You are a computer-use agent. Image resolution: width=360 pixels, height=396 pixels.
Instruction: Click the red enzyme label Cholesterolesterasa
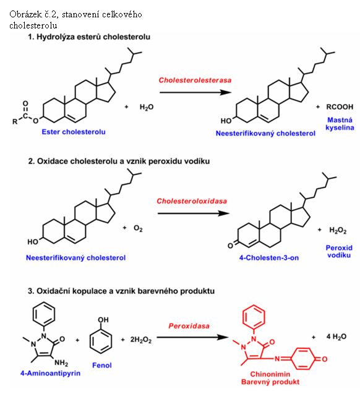click(195, 80)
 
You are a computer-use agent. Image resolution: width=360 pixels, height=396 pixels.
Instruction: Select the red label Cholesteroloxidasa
click(192, 201)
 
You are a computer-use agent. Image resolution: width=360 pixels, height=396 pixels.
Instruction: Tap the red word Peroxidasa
click(189, 326)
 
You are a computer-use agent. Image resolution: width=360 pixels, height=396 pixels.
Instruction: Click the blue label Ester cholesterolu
click(74, 132)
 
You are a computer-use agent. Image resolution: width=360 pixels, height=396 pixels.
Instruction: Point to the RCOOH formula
click(340, 107)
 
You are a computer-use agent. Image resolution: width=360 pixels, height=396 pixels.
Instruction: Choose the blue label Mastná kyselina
click(340, 124)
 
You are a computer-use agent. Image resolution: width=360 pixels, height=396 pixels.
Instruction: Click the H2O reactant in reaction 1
click(147, 107)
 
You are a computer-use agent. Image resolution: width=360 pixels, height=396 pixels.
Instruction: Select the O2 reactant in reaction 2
click(138, 228)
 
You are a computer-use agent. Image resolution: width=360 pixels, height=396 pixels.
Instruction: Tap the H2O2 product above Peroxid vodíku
click(338, 230)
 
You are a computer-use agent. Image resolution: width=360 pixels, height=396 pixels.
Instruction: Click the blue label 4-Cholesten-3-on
click(269, 257)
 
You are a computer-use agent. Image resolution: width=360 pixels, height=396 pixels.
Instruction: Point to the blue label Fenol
click(101, 365)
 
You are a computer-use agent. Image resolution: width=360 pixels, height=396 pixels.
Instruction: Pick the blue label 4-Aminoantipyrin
click(50, 373)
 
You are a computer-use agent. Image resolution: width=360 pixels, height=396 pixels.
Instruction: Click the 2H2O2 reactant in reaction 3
click(141, 340)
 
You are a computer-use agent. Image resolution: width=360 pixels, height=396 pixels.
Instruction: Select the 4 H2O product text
click(336, 337)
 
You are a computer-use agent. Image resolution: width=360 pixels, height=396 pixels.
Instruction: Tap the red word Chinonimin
click(270, 374)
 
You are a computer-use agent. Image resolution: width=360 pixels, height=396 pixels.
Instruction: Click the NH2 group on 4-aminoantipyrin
click(61, 363)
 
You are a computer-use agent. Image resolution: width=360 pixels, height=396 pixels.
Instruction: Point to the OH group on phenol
click(103, 320)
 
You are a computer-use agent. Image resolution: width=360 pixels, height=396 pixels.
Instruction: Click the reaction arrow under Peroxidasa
click(192, 337)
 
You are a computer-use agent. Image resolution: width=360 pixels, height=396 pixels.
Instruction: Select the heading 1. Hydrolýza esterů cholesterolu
click(89, 37)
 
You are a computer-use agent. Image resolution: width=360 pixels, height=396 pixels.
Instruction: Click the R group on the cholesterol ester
click(15, 121)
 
